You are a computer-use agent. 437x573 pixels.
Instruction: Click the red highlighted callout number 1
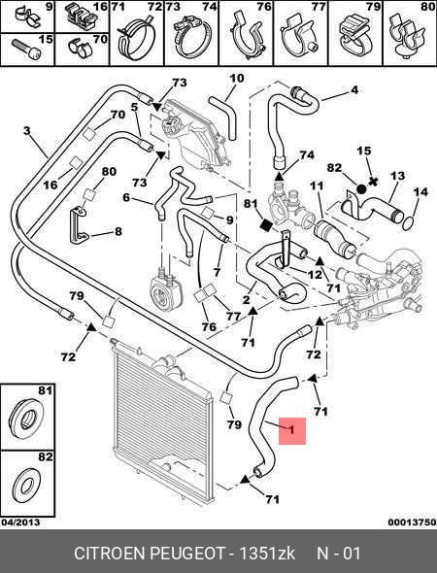pos(291,430)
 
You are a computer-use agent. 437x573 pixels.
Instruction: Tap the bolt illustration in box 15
pos(26,50)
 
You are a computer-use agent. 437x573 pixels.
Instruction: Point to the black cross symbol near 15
pos(374,181)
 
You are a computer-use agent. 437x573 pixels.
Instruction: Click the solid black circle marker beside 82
pos(361,189)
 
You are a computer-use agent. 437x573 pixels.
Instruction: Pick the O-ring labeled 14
pos(408,223)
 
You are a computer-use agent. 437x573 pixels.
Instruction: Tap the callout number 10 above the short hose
pos(237,79)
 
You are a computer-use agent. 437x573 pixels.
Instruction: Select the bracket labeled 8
pos(79,226)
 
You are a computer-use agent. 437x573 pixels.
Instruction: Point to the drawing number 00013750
pos(412,522)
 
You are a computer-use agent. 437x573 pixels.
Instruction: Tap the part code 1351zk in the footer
pos(267,553)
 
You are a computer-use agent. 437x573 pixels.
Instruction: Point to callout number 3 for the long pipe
pos(26,130)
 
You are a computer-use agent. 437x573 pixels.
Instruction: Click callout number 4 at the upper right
pos(354,90)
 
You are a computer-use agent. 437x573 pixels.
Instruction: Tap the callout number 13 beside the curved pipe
pos(397,176)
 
